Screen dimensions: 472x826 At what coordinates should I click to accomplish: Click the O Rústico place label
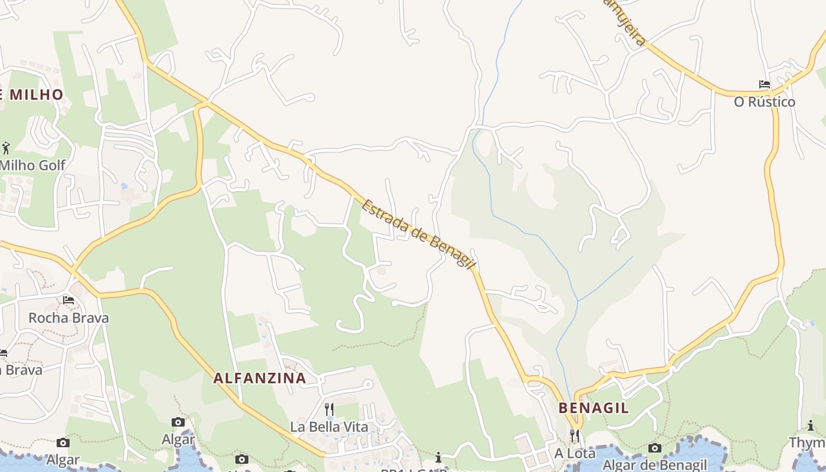[x=764, y=102]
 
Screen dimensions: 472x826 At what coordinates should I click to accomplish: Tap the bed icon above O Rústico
[x=765, y=84]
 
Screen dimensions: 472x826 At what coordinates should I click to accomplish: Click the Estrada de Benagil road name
[x=418, y=234]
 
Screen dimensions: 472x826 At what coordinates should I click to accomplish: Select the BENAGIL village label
[x=594, y=408]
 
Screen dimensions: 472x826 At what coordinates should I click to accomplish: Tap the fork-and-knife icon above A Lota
[x=574, y=435]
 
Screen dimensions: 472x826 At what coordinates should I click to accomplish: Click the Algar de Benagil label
[x=654, y=465]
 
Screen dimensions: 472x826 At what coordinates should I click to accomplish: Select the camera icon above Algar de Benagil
[x=654, y=448]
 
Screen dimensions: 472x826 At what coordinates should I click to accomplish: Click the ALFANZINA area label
[x=260, y=378]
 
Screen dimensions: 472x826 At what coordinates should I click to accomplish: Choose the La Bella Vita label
[x=329, y=427]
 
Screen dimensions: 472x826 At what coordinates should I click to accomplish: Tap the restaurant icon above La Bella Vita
[x=329, y=408]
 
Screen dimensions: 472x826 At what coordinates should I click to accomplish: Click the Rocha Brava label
[x=68, y=318]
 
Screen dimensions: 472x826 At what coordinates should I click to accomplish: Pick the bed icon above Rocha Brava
[x=68, y=300]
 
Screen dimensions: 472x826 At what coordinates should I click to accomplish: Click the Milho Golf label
[x=33, y=165]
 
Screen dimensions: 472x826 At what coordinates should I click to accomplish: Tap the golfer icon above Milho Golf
[x=6, y=147]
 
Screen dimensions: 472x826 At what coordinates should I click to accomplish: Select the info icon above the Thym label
[x=811, y=425]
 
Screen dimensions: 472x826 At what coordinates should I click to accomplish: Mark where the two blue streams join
[x=578, y=301]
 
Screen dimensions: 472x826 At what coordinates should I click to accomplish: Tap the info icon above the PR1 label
[x=438, y=457]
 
